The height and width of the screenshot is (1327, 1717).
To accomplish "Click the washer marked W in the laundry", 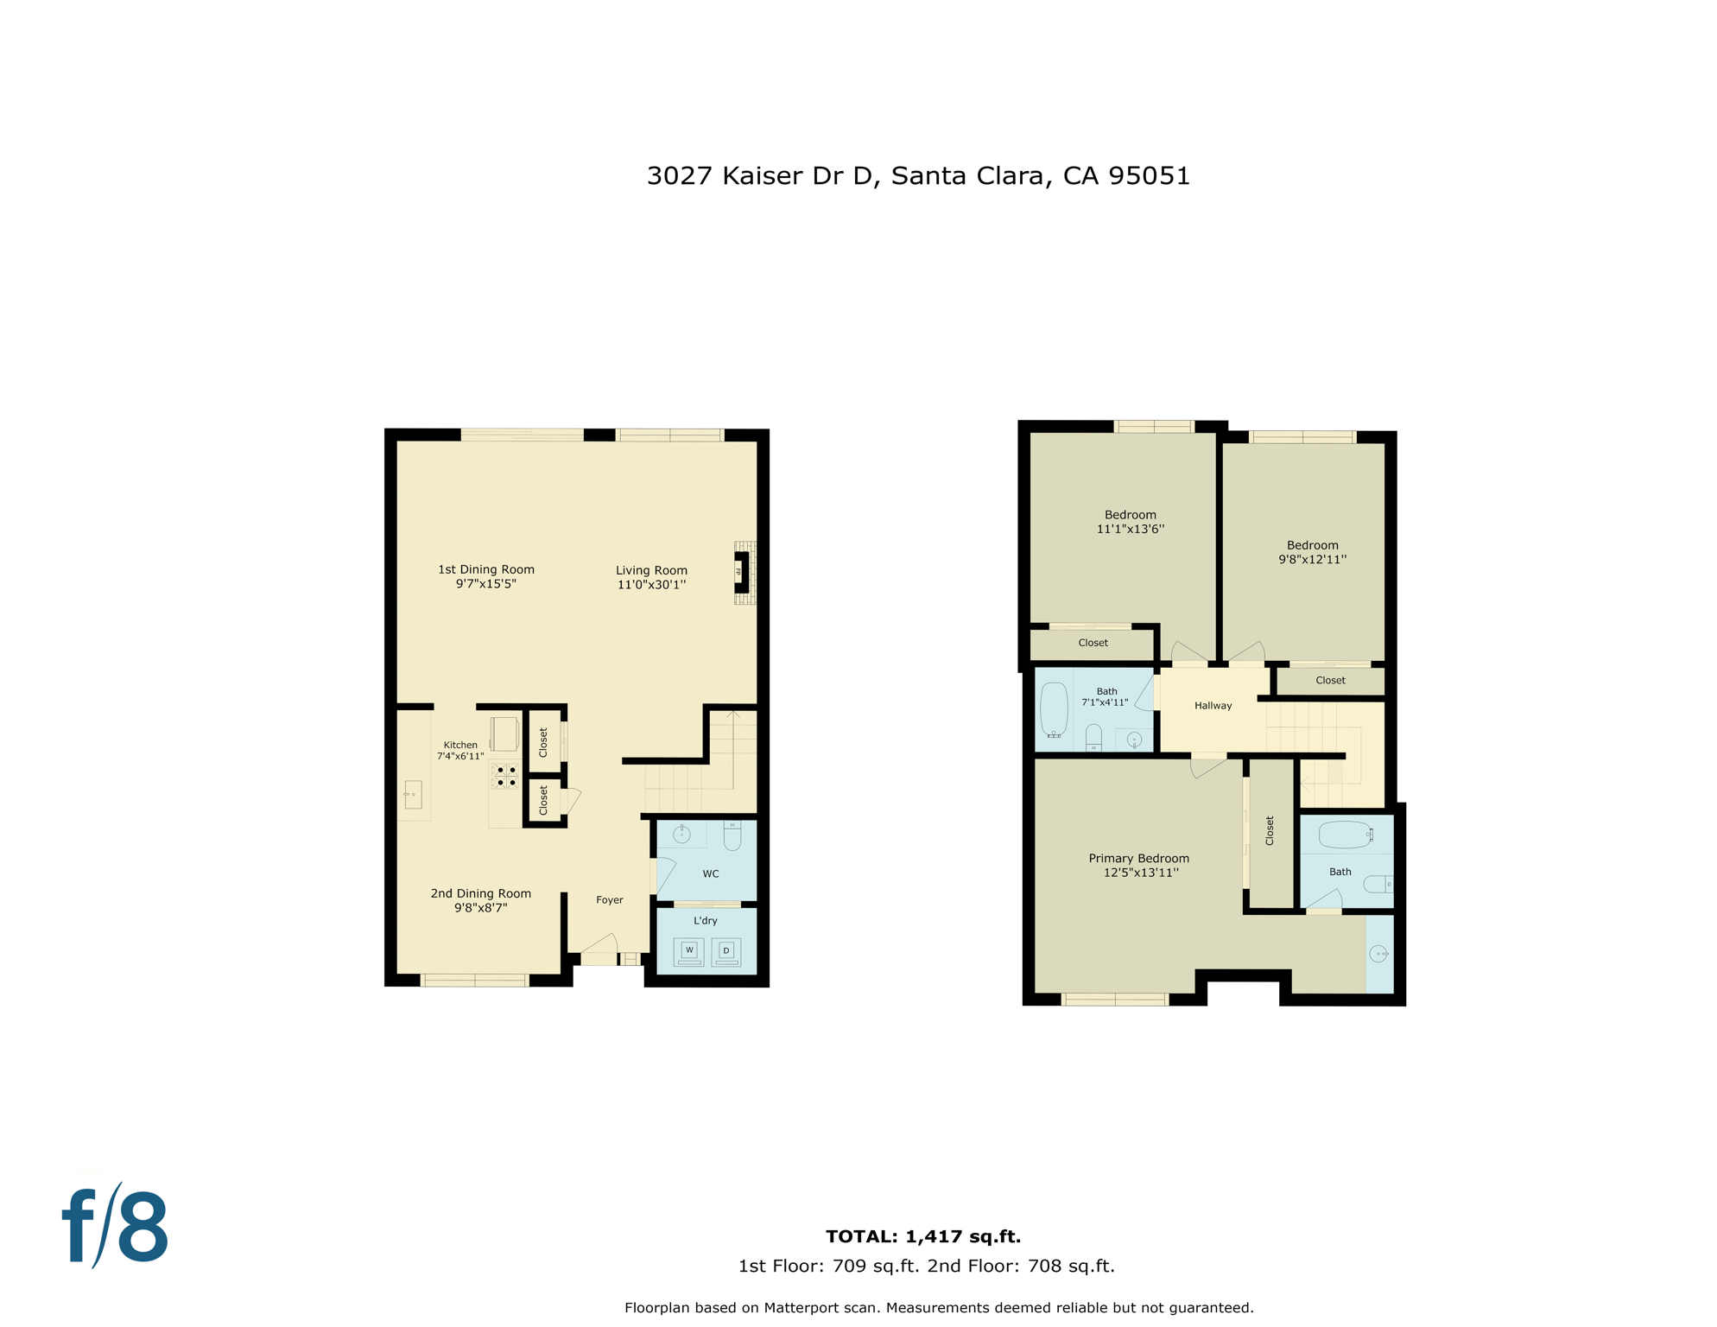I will [x=688, y=951].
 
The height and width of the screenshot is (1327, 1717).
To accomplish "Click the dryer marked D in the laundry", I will [x=725, y=952].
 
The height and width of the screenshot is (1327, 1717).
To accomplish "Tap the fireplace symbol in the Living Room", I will [x=741, y=572].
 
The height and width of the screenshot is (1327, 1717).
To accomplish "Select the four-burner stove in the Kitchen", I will [x=506, y=776].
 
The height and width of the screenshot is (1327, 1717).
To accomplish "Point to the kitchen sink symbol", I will [x=413, y=793].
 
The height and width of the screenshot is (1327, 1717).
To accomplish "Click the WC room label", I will [x=711, y=874].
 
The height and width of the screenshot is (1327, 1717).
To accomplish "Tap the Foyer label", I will [x=610, y=900].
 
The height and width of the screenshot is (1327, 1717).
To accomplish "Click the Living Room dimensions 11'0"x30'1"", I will [x=651, y=585].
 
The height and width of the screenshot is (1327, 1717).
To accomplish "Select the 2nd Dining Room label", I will [x=480, y=894].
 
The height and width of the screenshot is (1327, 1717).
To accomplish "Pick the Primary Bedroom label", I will [x=1138, y=859].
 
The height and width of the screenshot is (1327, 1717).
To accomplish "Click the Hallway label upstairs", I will [x=1213, y=706].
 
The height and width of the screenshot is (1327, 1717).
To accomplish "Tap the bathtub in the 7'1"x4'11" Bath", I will [x=1055, y=709].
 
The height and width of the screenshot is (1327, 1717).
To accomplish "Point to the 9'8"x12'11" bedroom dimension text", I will [x=1312, y=560].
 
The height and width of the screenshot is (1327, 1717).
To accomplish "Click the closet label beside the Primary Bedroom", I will [x=1270, y=830].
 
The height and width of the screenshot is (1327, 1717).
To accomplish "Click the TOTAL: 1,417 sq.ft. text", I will [x=923, y=1236].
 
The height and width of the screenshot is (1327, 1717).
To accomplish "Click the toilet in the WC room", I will [x=732, y=835].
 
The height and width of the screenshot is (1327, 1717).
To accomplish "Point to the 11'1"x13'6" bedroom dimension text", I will [x=1130, y=530].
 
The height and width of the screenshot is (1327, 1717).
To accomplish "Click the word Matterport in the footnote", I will [x=802, y=1308].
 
